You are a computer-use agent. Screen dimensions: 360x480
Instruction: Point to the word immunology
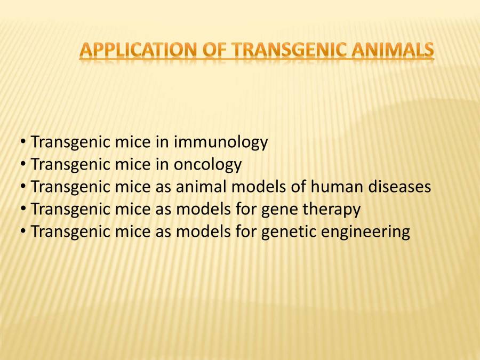[221, 142]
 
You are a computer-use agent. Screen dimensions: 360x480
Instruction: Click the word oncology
[208, 165]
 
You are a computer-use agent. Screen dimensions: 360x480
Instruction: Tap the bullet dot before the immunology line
[23, 143]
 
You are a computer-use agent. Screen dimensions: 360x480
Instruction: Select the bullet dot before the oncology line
[23, 165]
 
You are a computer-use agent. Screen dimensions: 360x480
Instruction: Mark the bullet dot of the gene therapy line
[23, 210]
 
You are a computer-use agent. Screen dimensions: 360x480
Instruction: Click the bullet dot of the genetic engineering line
[23, 233]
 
